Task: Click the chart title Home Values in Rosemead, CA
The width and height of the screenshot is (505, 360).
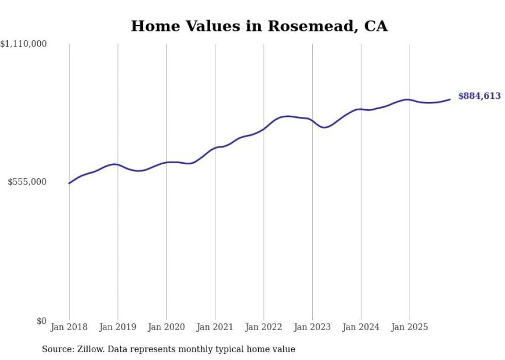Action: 259,26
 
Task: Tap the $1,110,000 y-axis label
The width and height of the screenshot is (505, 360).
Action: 24,44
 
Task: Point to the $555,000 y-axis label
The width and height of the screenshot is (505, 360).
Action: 27,182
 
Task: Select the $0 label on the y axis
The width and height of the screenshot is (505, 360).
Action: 41,321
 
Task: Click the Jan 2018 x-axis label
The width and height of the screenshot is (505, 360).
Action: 69,327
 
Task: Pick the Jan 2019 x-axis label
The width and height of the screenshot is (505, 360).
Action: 117,327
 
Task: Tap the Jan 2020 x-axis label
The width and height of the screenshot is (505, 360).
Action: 166,327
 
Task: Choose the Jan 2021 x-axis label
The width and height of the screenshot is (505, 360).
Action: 215,327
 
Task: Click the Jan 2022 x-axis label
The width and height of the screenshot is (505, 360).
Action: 264,327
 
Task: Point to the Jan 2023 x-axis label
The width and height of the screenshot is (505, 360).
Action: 312,327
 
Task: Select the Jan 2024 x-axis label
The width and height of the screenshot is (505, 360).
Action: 361,327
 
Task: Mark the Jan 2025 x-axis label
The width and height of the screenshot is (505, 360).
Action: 410,327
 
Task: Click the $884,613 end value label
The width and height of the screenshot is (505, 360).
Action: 479,96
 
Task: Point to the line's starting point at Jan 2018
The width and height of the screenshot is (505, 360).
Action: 69,183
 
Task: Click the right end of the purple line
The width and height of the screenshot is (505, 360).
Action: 450,99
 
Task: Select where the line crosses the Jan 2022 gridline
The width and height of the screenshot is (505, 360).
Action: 264,128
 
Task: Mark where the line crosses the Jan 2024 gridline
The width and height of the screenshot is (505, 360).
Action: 361,109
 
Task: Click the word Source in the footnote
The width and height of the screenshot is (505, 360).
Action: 57,349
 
